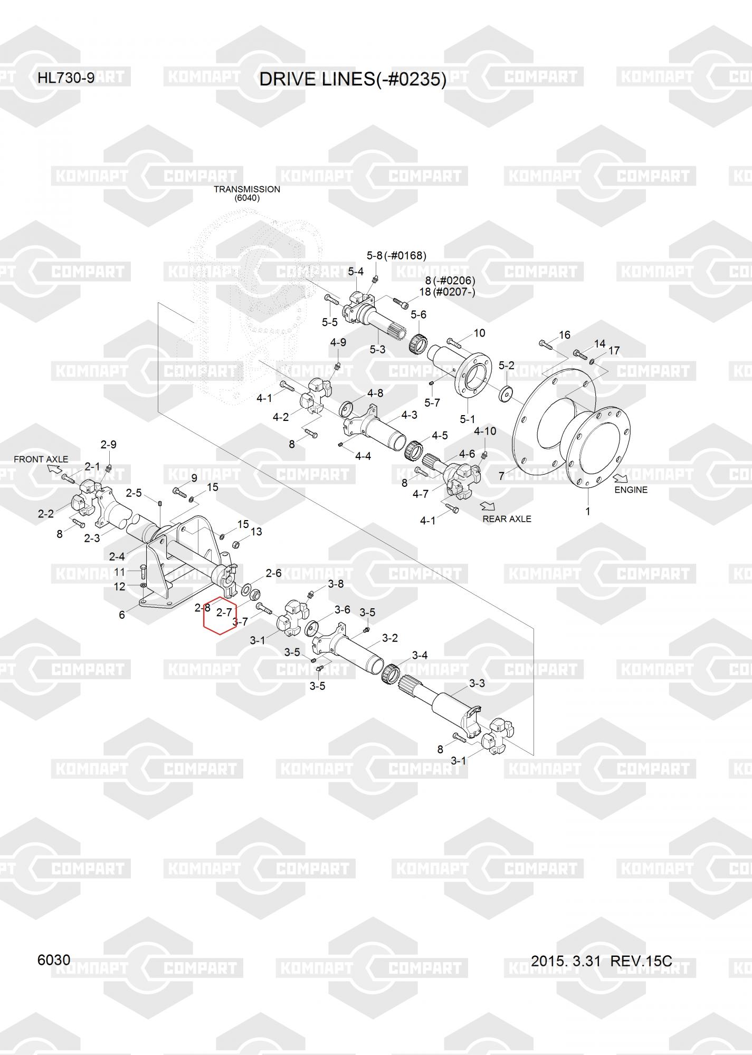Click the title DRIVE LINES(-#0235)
click(x=353, y=79)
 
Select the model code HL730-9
click(x=66, y=78)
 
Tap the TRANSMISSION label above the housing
click(x=246, y=189)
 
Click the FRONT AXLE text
click(x=41, y=459)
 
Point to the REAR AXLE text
click(x=507, y=519)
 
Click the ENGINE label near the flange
click(x=631, y=490)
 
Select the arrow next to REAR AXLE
click(x=487, y=505)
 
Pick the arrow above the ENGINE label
click(x=621, y=477)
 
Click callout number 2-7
click(x=224, y=612)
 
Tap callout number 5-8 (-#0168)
click(x=396, y=256)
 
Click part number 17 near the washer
click(x=614, y=351)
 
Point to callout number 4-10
click(x=485, y=431)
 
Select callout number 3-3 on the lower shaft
click(x=477, y=684)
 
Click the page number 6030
click(x=54, y=960)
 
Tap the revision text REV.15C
click(x=641, y=961)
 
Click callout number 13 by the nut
click(x=256, y=532)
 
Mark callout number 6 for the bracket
click(x=122, y=615)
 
